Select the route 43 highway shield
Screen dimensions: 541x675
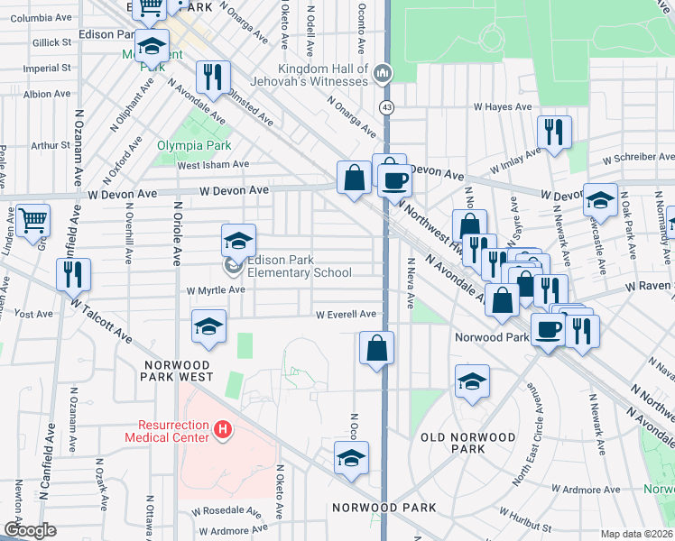click(x=386, y=108)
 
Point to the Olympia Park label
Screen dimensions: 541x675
click(x=194, y=145)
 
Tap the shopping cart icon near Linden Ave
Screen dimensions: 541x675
click(x=33, y=219)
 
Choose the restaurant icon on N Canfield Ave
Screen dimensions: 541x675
click(x=73, y=274)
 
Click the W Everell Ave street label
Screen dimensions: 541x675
click(x=346, y=315)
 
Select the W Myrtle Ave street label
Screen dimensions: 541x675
click(x=216, y=290)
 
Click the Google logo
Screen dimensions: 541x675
click(x=30, y=530)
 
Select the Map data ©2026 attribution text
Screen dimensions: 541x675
click(x=636, y=534)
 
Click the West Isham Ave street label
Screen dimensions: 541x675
click(x=213, y=164)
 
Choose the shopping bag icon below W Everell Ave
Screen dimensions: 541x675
click(x=376, y=348)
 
